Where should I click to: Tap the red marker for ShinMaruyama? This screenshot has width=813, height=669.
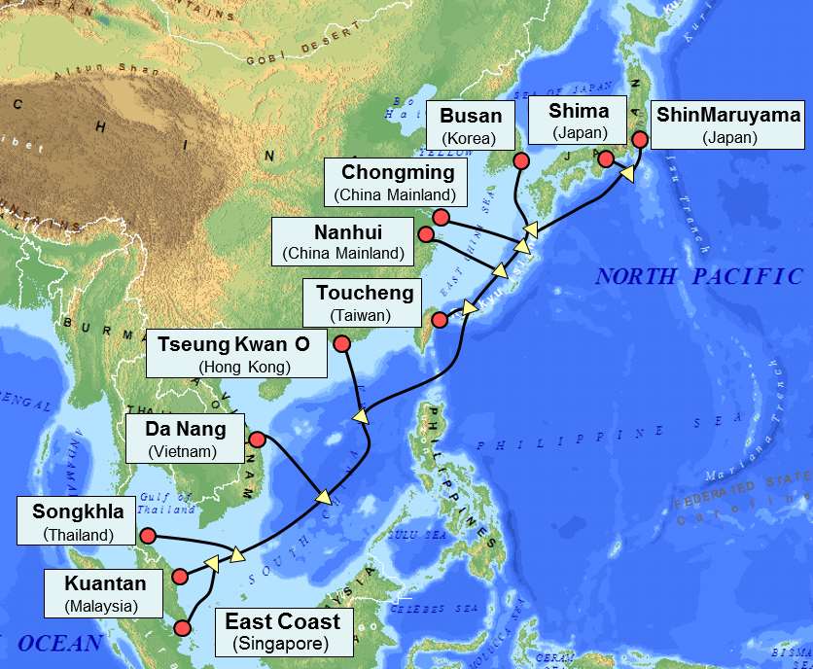640,139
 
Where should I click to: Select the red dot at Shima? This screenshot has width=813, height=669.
605,158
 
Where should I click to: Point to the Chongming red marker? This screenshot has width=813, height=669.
441,216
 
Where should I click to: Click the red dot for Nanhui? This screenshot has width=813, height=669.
425,234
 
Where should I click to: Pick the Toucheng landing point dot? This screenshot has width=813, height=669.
439,320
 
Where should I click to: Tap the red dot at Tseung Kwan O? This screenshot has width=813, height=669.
341,343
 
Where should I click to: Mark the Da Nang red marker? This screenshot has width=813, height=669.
257,440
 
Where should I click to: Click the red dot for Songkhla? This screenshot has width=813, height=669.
148,536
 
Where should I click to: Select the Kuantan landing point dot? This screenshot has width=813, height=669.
179,577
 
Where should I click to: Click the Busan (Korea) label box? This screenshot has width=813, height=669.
471,124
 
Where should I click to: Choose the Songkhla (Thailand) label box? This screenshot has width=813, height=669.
73,521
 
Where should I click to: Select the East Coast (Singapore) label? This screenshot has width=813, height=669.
283,631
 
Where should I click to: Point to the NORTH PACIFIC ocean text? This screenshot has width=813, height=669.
699,276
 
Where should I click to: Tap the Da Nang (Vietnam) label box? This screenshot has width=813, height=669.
186,439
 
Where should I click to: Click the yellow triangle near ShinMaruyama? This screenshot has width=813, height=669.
627,174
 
